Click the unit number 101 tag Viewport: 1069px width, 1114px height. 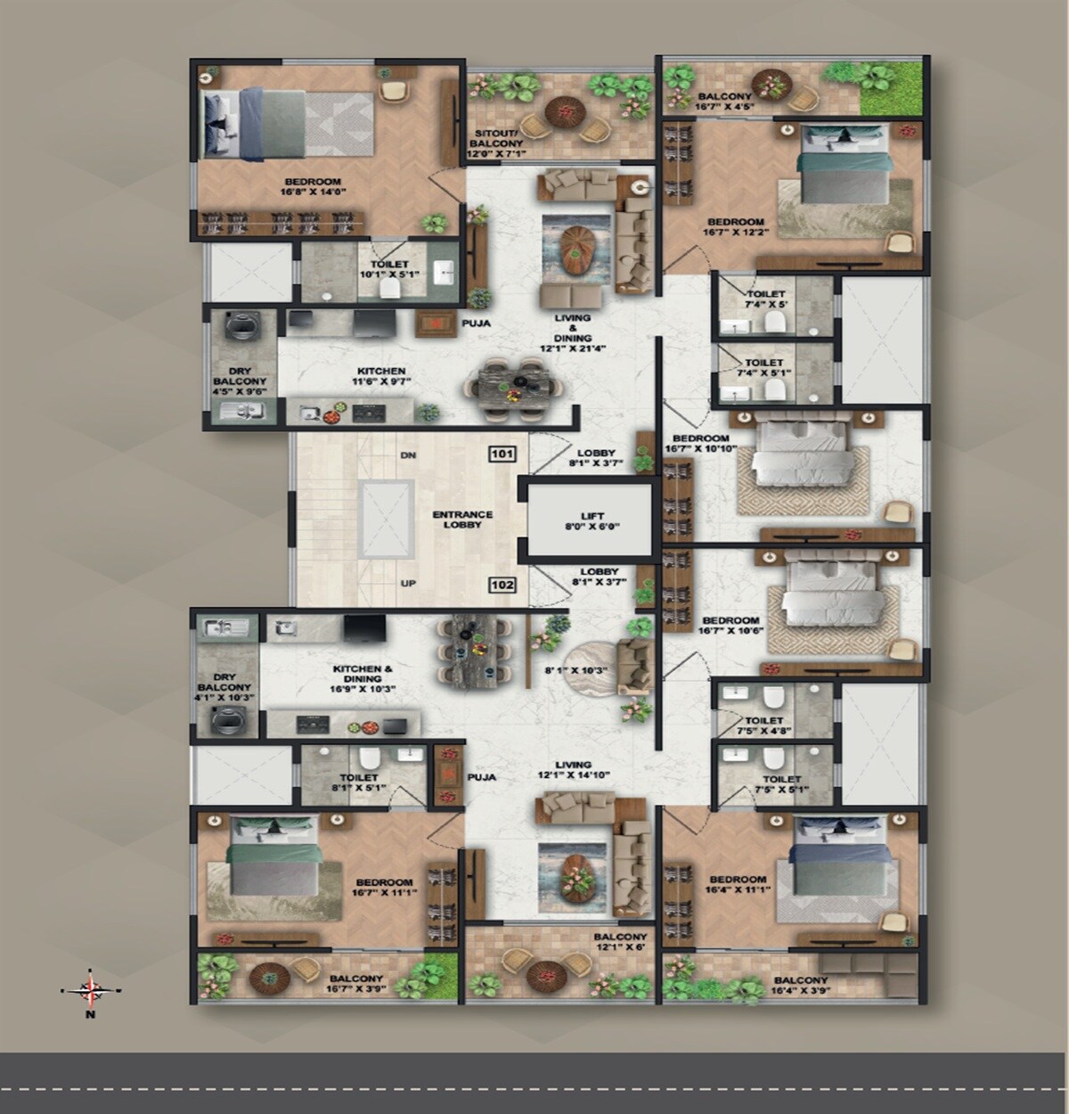[x=502, y=455]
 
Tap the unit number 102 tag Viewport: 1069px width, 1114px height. [x=502, y=586]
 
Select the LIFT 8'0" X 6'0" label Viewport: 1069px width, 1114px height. [x=592, y=521]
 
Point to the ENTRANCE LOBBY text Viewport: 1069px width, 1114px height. [x=462, y=520]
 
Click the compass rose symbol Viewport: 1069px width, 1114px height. [x=90, y=988]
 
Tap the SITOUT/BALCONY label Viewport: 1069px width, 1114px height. [x=496, y=143]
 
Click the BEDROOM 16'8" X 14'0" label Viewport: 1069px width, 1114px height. [x=313, y=186]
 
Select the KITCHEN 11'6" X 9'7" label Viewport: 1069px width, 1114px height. [x=381, y=377]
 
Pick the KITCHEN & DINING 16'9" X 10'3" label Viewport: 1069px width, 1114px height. [x=363, y=678]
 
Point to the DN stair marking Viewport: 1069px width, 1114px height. [x=408, y=455]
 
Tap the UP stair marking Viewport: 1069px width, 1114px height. [x=408, y=584]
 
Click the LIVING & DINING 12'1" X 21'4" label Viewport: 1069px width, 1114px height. [x=572, y=333]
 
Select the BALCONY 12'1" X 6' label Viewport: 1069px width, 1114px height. [x=620, y=942]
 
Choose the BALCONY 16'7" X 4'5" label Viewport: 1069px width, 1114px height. [x=725, y=101]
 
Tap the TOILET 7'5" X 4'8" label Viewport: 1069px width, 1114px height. [x=764, y=725]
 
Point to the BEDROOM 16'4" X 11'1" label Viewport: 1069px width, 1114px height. [x=738, y=885]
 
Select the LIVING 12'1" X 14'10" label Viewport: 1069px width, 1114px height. [x=572, y=770]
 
